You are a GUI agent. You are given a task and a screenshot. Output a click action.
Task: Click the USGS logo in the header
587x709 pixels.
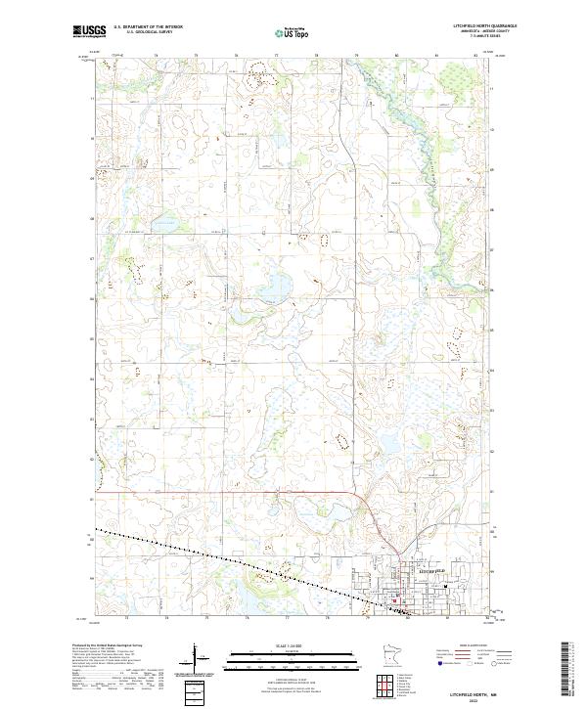91,31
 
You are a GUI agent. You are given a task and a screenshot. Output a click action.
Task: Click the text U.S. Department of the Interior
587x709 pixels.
147,26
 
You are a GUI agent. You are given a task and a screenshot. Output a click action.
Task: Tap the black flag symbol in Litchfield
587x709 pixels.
445,587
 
